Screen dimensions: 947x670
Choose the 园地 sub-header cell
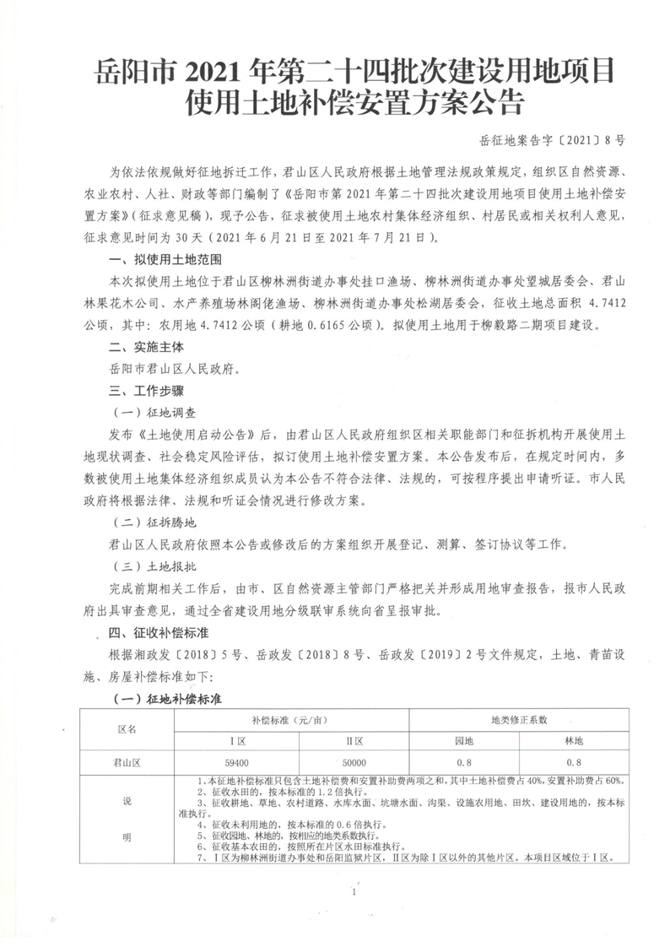(464, 740)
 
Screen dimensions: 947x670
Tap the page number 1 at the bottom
(355, 891)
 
